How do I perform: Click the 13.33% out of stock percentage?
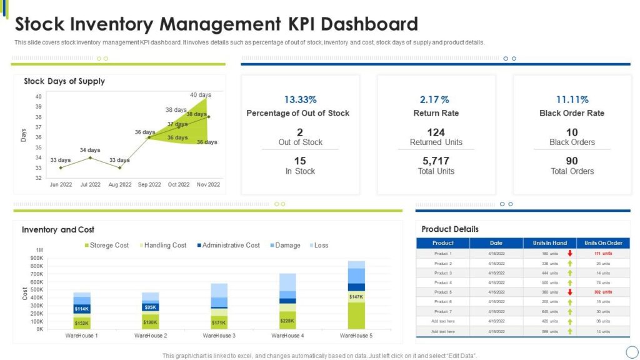click(300, 99)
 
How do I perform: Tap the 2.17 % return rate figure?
click(435, 99)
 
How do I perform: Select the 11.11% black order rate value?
click(572, 99)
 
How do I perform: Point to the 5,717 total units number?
click(436, 161)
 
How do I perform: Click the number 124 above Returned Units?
click(436, 132)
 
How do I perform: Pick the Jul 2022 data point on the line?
click(90, 157)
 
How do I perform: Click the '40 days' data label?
click(201, 95)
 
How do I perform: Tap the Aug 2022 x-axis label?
click(119, 184)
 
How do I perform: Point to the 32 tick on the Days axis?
click(38, 178)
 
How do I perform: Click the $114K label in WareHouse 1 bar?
click(82, 309)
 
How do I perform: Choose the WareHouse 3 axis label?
click(219, 336)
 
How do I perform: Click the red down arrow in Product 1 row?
click(569, 254)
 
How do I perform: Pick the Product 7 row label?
click(442, 311)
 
